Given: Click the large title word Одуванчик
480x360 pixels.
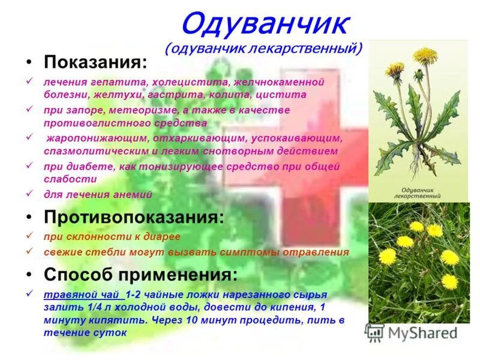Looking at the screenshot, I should (265, 25).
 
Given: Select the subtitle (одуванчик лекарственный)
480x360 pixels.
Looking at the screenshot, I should (265, 48).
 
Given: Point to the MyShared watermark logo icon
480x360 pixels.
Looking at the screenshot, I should (375, 332).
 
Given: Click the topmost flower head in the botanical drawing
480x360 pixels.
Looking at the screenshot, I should (424, 56).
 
